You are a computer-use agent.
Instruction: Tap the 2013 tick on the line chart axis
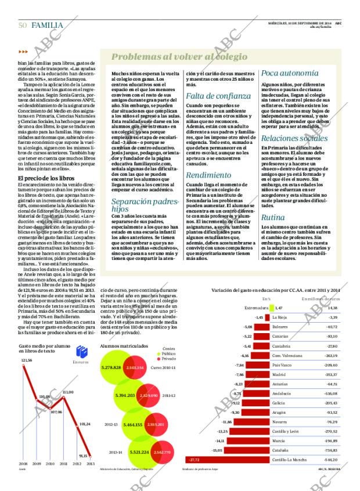pyautogui.click(x=91, y=464)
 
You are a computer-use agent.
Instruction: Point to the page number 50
pyautogui.click(x=23, y=24)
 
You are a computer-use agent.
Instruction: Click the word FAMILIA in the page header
pyautogui.click(x=49, y=24)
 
